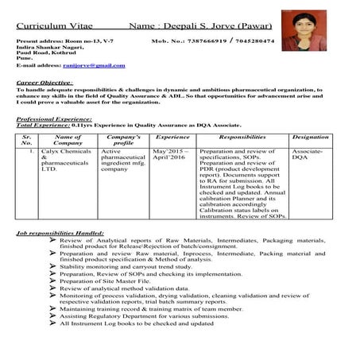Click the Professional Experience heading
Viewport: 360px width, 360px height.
coord(55,118)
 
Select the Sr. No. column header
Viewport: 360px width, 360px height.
coord(26,141)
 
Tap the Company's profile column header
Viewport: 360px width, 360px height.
coord(123,141)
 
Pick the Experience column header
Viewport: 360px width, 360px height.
coord(172,137)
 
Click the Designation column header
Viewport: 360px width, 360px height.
coord(310,137)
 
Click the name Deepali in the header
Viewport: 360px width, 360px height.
coord(184,26)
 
